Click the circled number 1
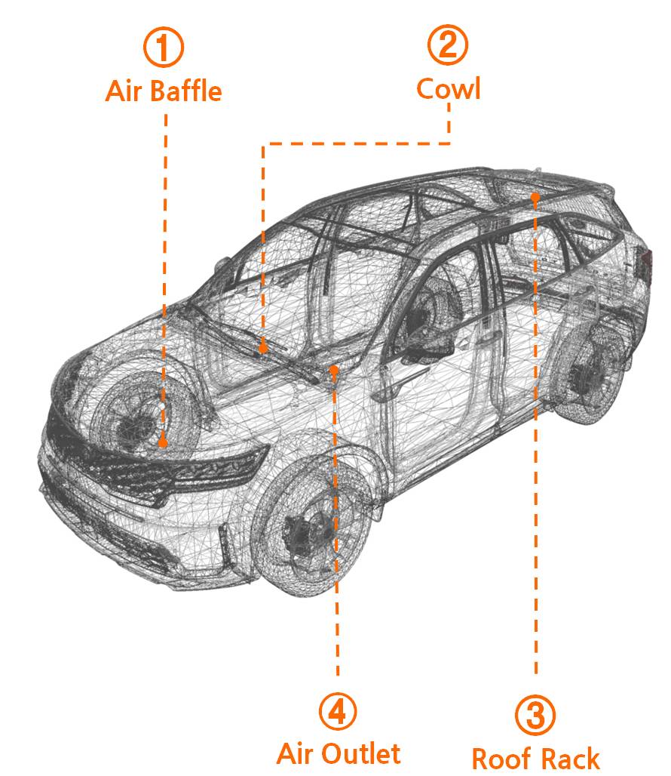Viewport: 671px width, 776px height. (x=164, y=47)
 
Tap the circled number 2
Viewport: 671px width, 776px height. (x=448, y=45)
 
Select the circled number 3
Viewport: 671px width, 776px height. (x=535, y=715)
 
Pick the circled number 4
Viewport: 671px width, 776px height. (x=338, y=712)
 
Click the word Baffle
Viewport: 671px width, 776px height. (x=185, y=91)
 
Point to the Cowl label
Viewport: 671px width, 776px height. (x=448, y=88)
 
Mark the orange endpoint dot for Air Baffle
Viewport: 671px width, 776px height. (x=163, y=443)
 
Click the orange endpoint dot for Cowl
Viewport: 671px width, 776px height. (x=263, y=349)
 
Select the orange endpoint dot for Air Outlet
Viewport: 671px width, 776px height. (x=335, y=369)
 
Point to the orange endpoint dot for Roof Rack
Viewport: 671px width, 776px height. (x=535, y=197)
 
